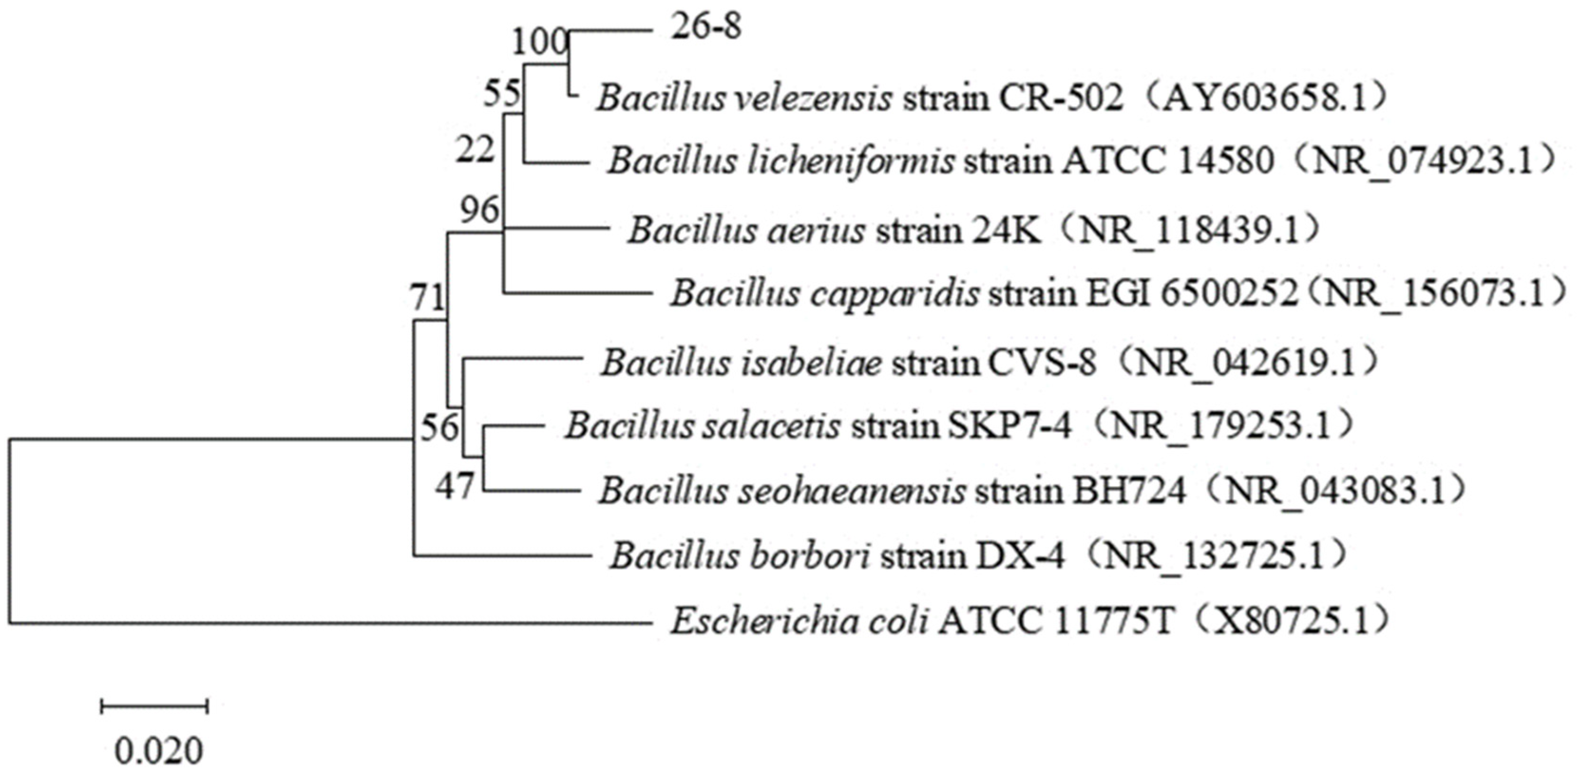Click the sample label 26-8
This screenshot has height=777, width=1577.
coord(706,28)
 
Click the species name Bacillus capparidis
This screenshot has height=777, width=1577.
coord(824,294)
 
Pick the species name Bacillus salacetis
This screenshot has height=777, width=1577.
coord(702,426)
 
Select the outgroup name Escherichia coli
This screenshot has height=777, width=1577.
coord(799,622)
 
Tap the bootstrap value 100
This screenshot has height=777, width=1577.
coord(539,43)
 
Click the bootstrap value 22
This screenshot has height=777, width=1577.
coord(475,150)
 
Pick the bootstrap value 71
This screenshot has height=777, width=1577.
coord(427,299)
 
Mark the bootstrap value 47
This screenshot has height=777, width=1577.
coord(455,487)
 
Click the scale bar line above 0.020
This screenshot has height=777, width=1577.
coord(154,706)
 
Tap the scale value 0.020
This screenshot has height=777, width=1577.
coord(159,751)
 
